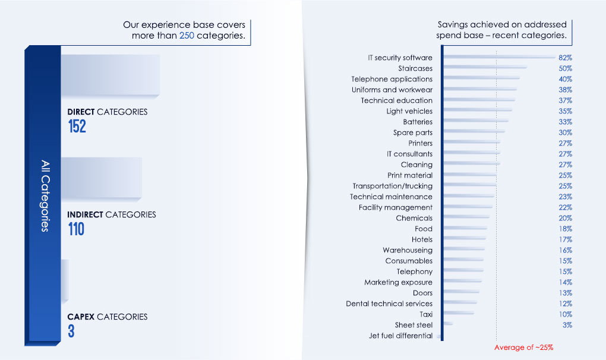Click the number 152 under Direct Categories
pyautogui.click(x=77, y=126)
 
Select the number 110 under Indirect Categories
pyautogui.click(x=76, y=229)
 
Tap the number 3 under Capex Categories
pyautogui.click(x=71, y=331)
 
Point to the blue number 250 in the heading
pyautogui.click(x=187, y=36)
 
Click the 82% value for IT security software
pyautogui.click(x=565, y=58)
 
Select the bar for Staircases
pyautogui.click(x=485, y=68)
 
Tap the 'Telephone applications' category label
pyautogui.click(x=392, y=79)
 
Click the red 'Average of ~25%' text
pyautogui.click(x=523, y=348)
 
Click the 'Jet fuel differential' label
pyautogui.click(x=400, y=336)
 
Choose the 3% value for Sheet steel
pyautogui.click(x=567, y=325)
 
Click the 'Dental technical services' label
pyautogui.click(x=389, y=304)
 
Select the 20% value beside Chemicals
pyautogui.click(x=565, y=218)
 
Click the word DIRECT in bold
pyautogui.click(x=81, y=112)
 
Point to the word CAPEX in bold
pyautogui.click(x=81, y=317)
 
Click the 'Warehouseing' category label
pyautogui.click(x=408, y=250)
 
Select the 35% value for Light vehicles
pyautogui.click(x=565, y=111)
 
